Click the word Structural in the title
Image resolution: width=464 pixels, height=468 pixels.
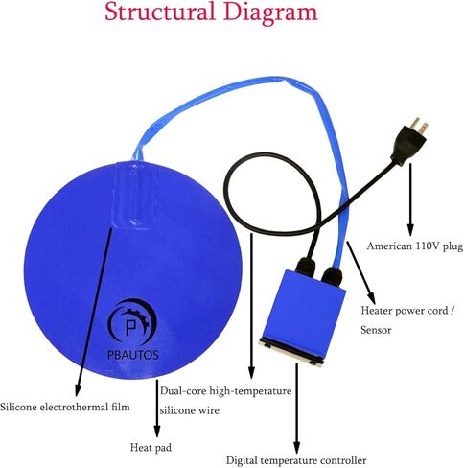coord(160,12)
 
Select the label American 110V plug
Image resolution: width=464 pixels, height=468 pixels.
coord(415,246)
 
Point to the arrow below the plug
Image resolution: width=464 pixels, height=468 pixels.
coord(410,199)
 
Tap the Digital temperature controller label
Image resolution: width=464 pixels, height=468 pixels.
coord(296,460)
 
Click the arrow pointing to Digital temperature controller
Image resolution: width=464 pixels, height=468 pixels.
coord(297,409)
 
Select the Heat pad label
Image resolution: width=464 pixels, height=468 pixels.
coord(151,448)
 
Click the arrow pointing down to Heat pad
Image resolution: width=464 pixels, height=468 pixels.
coord(157,409)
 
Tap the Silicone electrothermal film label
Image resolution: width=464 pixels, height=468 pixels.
coord(65,408)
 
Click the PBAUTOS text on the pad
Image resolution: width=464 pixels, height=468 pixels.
coord(133,355)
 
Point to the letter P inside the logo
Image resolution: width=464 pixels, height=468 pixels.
coord(130,326)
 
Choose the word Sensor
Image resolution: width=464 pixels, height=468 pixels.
coord(376,330)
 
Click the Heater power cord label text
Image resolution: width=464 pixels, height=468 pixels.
coord(405,311)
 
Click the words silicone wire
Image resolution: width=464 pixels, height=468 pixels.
coord(190,410)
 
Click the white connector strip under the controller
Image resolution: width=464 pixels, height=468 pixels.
coord(290,351)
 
